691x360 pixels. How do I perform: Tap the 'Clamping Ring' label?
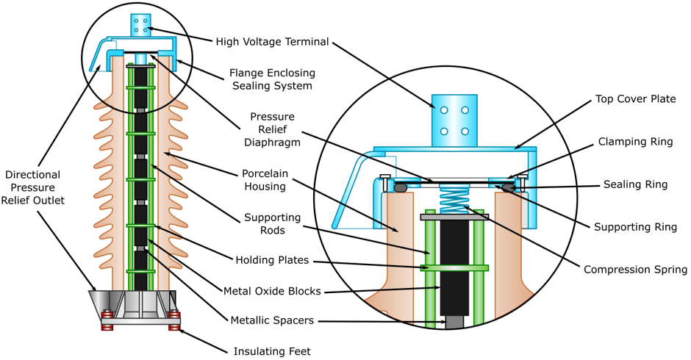[636, 142]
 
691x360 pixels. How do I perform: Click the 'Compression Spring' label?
[635, 270]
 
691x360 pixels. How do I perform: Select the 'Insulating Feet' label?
[272, 351]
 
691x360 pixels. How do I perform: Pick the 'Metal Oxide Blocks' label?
[272, 291]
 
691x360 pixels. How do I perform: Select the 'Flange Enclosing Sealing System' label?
[272, 79]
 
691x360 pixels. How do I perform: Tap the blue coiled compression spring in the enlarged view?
[454, 198]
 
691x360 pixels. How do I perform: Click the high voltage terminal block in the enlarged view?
[454, 120]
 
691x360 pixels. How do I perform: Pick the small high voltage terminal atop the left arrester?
[140, 24]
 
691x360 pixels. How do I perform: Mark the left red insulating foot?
[107, 320]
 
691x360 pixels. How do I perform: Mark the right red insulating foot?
[174, 320]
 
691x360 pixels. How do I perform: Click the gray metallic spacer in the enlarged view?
[454, 322]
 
